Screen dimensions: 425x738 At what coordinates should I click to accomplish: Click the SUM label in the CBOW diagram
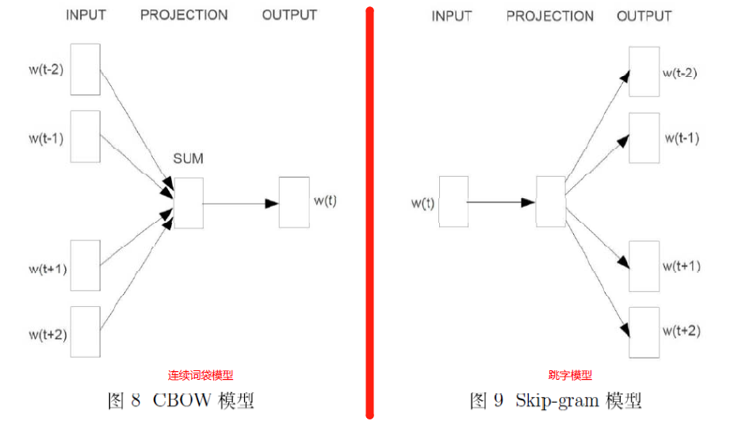(188, 159)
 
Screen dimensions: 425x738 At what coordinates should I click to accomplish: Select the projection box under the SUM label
(188, 202)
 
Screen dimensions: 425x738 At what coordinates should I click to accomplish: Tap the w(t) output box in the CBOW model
(293, 202)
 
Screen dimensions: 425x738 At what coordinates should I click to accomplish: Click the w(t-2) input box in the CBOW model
(86, 70)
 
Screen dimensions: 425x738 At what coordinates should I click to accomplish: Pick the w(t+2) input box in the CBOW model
(86, 332)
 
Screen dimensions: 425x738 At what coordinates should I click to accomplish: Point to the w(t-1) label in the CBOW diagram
(46, 138)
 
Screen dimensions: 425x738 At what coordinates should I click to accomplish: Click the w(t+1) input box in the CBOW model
(86, 266)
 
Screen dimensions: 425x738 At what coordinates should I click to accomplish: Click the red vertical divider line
(369, 212)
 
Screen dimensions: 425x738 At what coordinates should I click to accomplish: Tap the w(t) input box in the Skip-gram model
(453, 202)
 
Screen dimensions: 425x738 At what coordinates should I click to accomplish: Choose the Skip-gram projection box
(550, 202)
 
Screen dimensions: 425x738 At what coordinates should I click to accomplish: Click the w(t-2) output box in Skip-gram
(644, 71)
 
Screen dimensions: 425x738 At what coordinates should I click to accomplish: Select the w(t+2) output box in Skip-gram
(644, 331)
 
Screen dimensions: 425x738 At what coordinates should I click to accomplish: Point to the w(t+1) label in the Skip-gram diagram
(683, 266)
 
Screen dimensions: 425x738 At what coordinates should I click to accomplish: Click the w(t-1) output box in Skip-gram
(644, 137)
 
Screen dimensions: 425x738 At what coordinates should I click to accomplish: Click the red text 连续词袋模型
(201, 376)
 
